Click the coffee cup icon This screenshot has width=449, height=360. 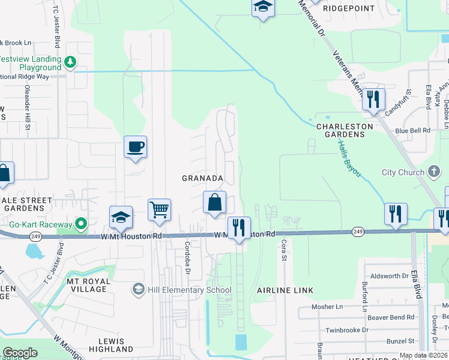click(135, 146)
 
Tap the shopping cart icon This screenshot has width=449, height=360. click(159, 210)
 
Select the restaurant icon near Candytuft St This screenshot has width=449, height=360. click(373, 99)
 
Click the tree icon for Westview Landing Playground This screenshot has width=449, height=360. click(70, 61)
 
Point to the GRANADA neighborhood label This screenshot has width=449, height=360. click(203, 178)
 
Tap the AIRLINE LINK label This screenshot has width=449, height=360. click(285, 290)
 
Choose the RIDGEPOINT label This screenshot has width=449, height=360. click(348, 9)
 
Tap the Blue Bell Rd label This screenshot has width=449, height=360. click(413, 130)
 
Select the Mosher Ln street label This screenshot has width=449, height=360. click(327, 307)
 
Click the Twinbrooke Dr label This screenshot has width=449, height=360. click(347, 330)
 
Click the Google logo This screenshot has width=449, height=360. click(20, 353)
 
